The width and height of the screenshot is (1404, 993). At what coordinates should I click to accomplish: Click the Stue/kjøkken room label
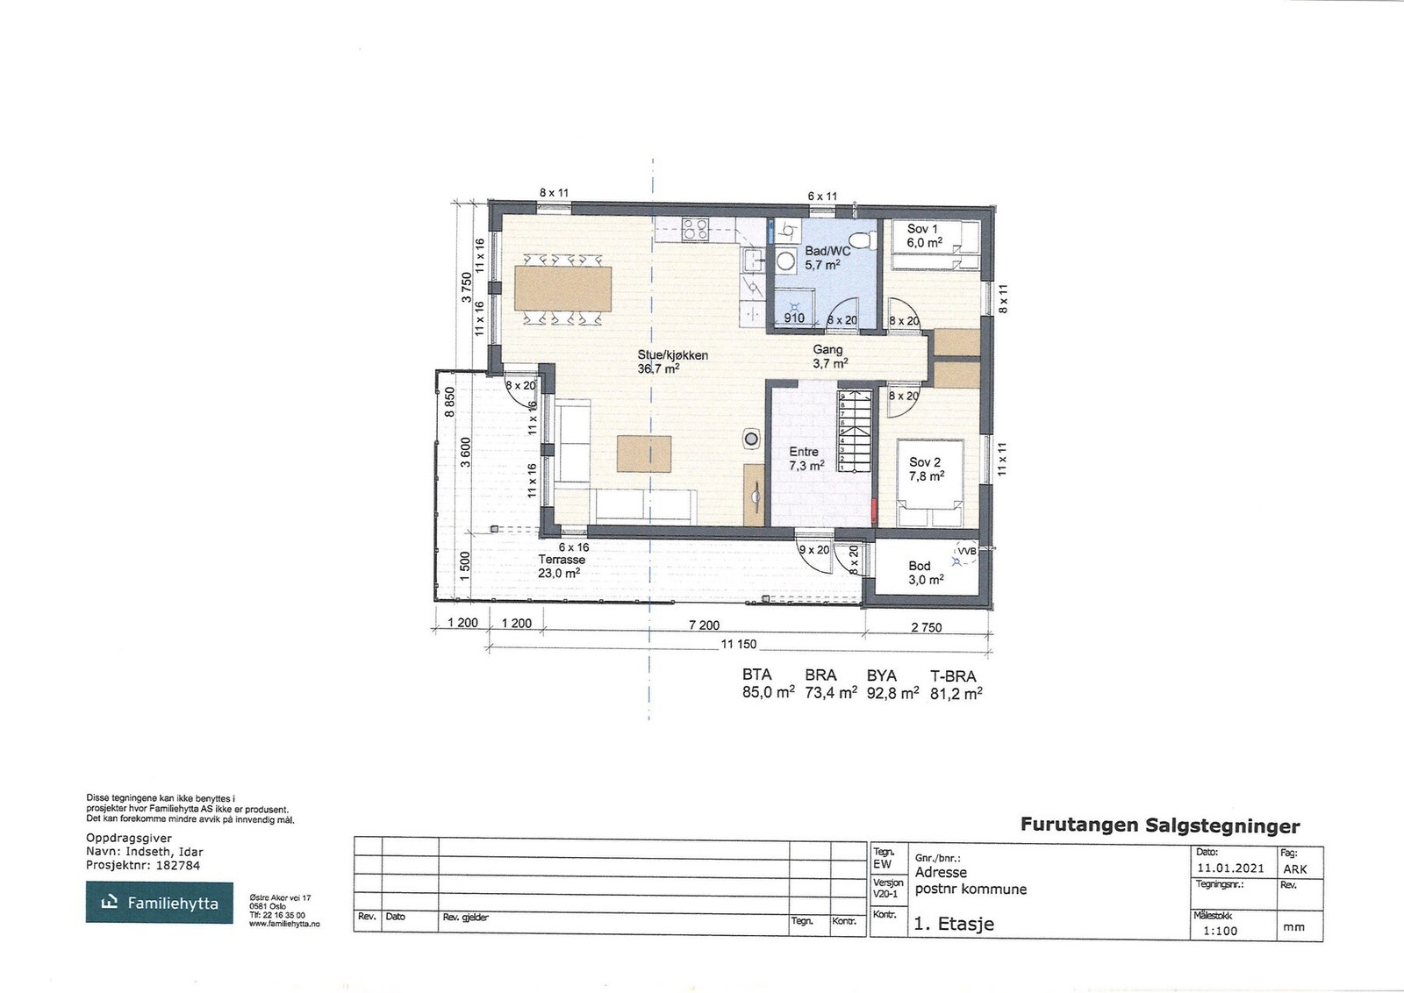click(672, 356)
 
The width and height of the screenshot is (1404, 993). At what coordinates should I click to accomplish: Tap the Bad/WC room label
click(827, 251)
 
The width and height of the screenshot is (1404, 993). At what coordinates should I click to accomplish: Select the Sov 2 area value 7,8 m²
click(927, 476)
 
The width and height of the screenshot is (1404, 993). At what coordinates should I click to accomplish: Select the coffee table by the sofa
click(643, 453)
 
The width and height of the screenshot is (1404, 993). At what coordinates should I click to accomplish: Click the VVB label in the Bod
click(966, 552)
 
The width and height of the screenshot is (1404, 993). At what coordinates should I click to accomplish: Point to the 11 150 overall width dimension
click(738, 645)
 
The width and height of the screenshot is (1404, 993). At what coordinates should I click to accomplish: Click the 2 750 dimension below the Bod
click(926, 627)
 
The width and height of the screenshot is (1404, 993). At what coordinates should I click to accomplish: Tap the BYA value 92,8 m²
click(892, 692)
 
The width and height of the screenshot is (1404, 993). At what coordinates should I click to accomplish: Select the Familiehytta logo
click(160, 903)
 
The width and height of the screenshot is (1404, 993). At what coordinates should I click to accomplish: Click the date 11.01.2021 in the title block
click(1229, 868)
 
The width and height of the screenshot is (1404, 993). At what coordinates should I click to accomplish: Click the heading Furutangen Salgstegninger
click(1159, 825)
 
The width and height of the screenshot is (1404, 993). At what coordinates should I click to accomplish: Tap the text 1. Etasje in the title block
click(954, 924)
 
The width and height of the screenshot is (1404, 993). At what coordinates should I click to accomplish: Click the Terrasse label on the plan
click(561, 559)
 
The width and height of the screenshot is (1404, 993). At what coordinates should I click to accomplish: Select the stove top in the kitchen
click(696, 230)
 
